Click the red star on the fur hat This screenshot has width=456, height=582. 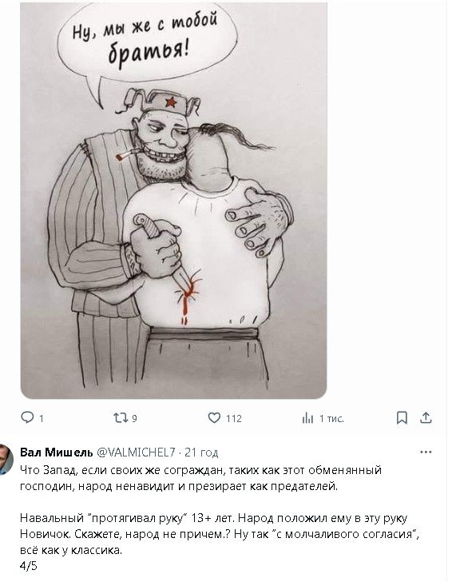pyautogui.click(x=170, y=102)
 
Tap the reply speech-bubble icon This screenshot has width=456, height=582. pyautogui.click(x=27, y=418)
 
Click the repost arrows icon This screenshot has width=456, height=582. pyautogui.click(x=120, y=418)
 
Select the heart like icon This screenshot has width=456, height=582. pyautogui.click(x=214, y=418)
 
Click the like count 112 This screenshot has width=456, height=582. pyautogui.click(x=234, y=419)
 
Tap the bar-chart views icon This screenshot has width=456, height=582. pyautogui.click(x=307, y=418)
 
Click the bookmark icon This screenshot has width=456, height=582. pyautogui.click(x=402, y=418)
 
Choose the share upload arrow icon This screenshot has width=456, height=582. pyautogui.click(x=426, y=417)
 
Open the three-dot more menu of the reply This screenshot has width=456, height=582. pyautogui.click(x=426, y=452)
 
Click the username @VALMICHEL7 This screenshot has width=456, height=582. pyautogui.click(x=136, y=452)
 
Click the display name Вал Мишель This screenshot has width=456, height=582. pyautogui.click(x=57, y=452)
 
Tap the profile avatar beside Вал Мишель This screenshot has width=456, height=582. pyautogui.click(x=6, y=459)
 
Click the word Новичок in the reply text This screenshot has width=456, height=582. pyautogui.click(x=45, y=534)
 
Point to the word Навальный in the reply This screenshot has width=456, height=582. pyautogui.click(x=52, y=518)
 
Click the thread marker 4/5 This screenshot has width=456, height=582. pyautogui.click(x=29, y=566)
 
